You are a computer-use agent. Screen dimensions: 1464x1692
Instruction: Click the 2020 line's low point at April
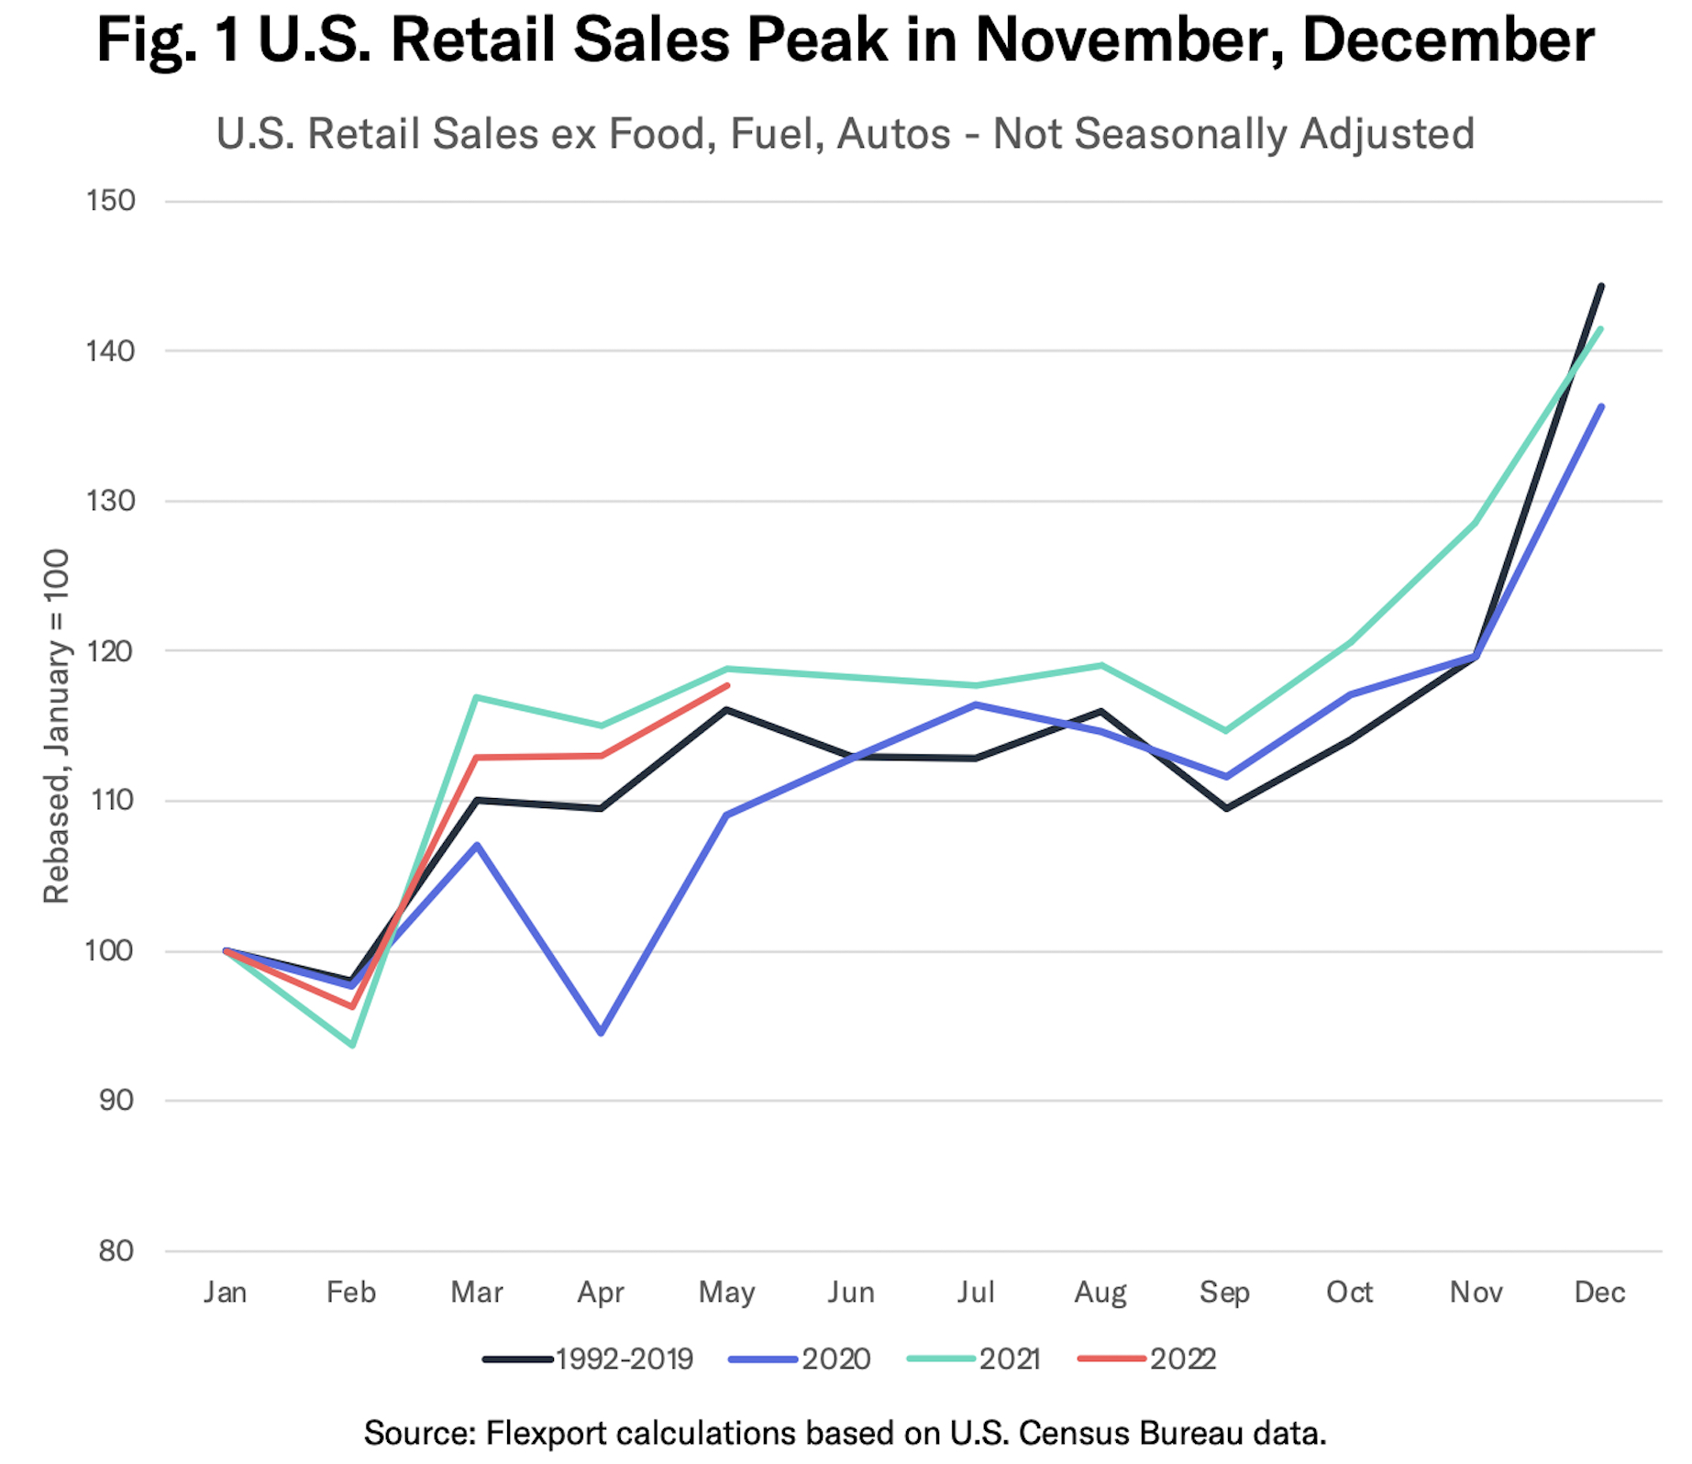tap(601, 1033)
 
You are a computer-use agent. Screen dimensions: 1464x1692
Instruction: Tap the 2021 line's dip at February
tap(352, 1045)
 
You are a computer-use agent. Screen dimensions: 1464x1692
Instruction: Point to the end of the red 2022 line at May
tap(727, 685)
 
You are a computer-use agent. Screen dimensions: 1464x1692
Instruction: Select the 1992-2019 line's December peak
tap(1601, 286)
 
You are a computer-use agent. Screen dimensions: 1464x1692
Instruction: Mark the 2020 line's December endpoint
tap(1601, 406)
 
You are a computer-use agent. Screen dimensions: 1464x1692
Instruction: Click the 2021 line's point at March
tap(476, 697)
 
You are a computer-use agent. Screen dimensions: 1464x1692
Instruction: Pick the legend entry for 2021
tap(974, 1359)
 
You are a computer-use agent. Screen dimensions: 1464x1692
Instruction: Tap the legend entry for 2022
tap(1147, 1359)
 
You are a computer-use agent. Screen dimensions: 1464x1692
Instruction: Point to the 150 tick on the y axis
tap(111, 201)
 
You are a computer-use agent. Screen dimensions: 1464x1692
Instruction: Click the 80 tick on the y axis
tap(116, 1250)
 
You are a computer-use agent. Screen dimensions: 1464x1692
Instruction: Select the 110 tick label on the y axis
tap(111, 801)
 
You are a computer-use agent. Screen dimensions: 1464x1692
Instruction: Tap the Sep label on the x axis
tap(1225, 1292)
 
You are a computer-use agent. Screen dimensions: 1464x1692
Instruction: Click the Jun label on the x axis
tap(851, 1292)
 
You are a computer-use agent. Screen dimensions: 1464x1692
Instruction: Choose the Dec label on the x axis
tap(1599, 1292)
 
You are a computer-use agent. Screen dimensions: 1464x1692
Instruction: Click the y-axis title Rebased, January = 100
tap(57, 726)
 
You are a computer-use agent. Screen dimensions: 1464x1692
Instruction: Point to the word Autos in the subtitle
tap(894, 134)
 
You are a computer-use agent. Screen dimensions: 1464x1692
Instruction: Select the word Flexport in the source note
tap(544, 1432)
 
